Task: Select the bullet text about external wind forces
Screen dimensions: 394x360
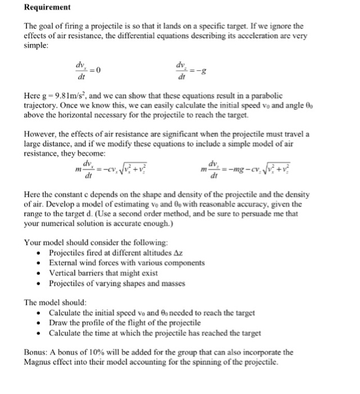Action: [x=127, y=263]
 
